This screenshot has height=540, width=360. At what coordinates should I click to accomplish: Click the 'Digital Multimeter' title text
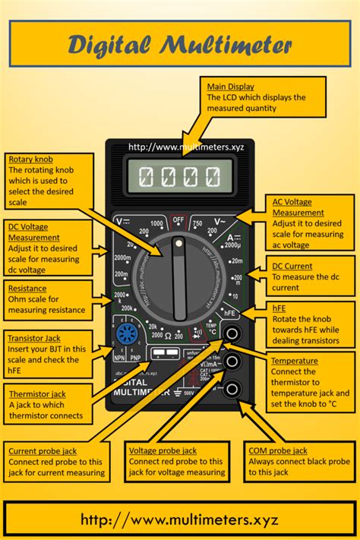point(179,45)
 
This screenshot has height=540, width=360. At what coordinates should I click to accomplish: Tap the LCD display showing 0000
point(180,179)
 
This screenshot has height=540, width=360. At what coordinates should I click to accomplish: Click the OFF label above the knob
point(178,219)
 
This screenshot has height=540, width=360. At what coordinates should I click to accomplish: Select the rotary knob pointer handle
point(179,277)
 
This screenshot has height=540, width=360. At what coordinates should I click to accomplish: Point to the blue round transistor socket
point(125,334)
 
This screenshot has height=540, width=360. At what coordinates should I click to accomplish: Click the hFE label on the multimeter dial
point(230,312)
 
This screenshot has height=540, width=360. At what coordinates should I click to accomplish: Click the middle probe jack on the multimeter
point(233,362)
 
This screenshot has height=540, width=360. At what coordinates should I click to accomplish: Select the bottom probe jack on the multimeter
point(233,389)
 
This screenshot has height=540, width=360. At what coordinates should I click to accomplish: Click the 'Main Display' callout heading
point(231,87)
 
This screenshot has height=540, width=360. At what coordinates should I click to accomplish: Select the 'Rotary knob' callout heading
point(30,159)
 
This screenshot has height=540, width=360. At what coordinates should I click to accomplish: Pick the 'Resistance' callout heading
point(27,289)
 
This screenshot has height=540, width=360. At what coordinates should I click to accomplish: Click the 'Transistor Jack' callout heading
point(33,338)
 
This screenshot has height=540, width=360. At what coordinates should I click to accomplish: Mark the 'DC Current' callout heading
point(293,267)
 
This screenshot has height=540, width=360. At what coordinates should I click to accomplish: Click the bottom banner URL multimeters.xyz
point(179,520)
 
